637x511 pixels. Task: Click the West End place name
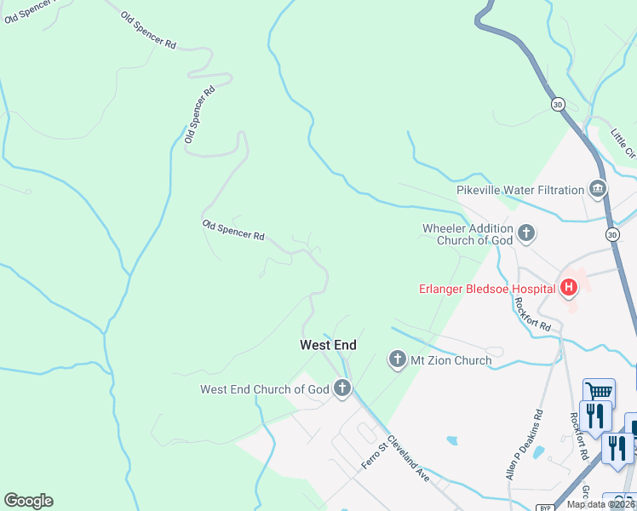pyautogui.click(x=328, y=345)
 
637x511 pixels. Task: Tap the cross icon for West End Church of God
pyautogui.click(x=342, y=389)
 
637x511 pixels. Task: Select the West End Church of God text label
pyautogui.click(x=264, y=390)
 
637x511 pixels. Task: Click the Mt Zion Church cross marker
pyautogui.click(x=397, y=360)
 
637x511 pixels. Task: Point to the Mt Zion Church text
pyautogui.click(x=451, y=360)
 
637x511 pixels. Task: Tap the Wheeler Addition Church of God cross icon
pyautogui.click(x=526, y=233)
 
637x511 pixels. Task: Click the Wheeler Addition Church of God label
pyautogui.click(x=468, y=234)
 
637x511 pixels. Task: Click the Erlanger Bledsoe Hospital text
pyautogui.click(x=486, y=288)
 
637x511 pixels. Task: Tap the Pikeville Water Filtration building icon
pyautogui.click(x=598, y=189)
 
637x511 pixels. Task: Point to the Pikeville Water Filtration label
pyautogui.click(x=519, y=189)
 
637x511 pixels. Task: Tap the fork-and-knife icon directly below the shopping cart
pyautogui.click(x=595, y=416)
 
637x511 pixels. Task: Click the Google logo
pyautogui.click(x=28, y=501)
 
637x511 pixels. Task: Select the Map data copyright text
pyautogui.click(x=601, y=504)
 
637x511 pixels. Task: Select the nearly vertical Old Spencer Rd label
pyautogui.click(x=199, y=113)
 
